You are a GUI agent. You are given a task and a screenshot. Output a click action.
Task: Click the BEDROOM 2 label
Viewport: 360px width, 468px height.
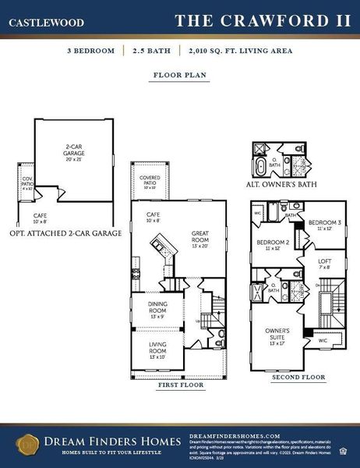coord(270,244)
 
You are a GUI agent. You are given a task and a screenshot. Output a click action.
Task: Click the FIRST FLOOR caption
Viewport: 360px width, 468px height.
coord(181,385)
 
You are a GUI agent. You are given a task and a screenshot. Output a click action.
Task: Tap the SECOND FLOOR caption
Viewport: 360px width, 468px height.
coord(298,378)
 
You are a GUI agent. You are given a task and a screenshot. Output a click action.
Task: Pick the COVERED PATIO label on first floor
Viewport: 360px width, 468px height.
coord(150,183)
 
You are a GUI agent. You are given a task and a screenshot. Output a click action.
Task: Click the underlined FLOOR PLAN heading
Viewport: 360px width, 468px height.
coord(180,76)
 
